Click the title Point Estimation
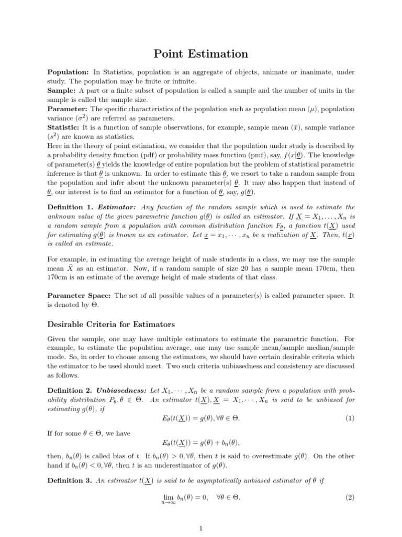(201, 54)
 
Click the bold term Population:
(68, 72)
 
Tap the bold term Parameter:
(68, 109)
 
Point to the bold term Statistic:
(65, 127)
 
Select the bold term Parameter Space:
(80, 296)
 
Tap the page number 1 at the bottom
(201, 528)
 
